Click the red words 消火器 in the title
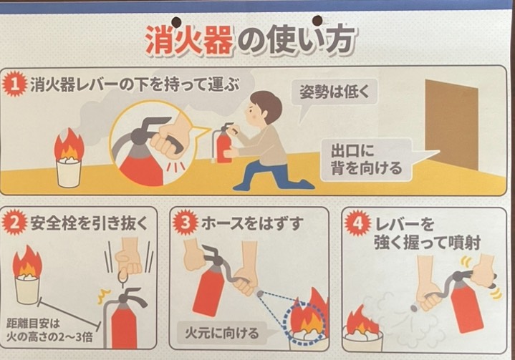tap(189, 41)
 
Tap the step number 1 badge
tap(14, 84)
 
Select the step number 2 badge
tap(14, 223)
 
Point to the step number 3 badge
tap(186, 223)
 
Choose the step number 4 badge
tap(357, 223)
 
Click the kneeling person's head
tap(264, 107)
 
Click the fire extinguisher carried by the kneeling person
tap(223, 144)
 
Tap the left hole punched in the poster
tap(176, 21)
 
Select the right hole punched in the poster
tap(317, 20)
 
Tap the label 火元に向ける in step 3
tap(222, 333)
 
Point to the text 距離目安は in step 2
tap(34, 323)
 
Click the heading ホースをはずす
tap(251, 224)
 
